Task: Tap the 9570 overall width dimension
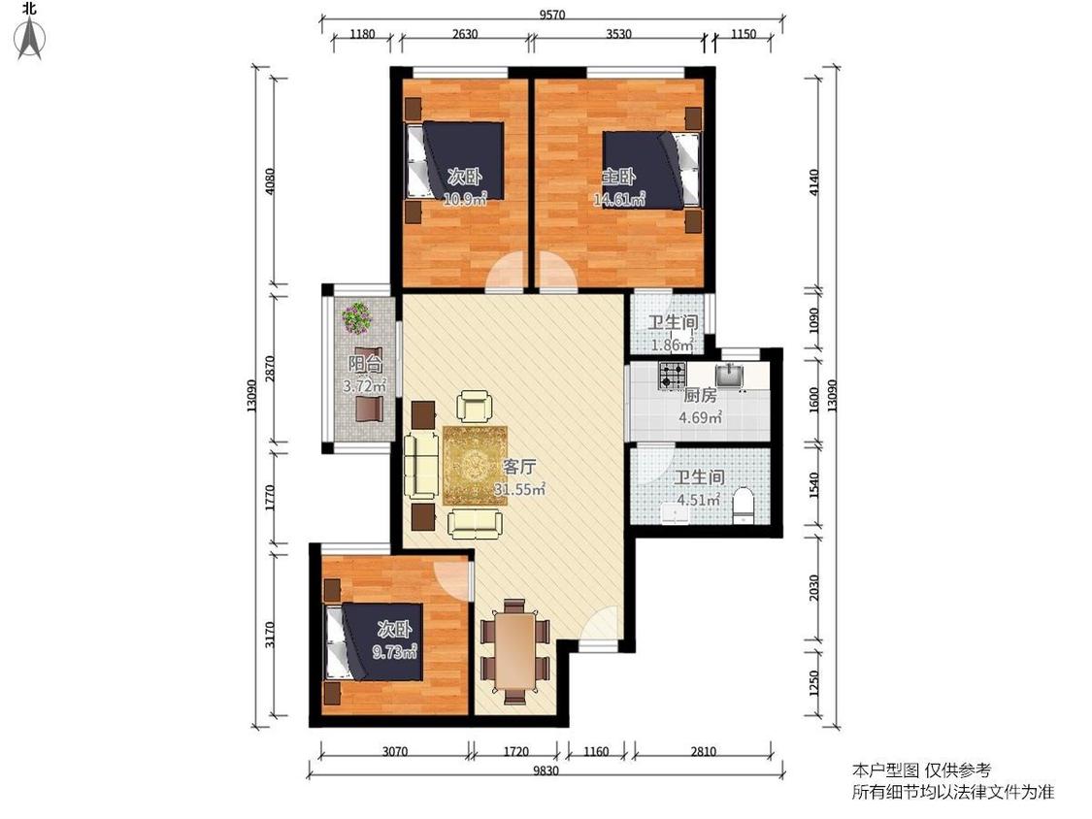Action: (x=551, y=15)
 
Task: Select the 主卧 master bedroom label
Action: (x=618, y=177)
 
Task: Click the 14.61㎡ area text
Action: (x=619, y=200)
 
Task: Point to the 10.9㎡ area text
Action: (x=465, y=200)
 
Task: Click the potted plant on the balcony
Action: (x=357, y=317)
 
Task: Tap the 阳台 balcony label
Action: (x=365, y=364)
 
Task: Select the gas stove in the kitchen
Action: (x=673, y=376)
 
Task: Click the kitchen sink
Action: (x=729, y=376)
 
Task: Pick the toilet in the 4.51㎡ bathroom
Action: (x=744, y=505)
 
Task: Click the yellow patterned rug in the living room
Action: (x=475, y=465)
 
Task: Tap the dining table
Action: (x=515, y=650)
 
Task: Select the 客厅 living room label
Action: (x=519, y=467)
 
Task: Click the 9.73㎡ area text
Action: (x=395, y=652)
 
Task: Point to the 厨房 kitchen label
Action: (x=700, y=395)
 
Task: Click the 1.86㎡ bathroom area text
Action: (x=672, y=344)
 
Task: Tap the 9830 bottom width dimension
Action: (x=546, y=770)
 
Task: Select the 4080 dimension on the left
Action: (x=271, y=181)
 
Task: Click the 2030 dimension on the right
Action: (x=814, y=588)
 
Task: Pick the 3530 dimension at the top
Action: (x=618, y=33)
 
